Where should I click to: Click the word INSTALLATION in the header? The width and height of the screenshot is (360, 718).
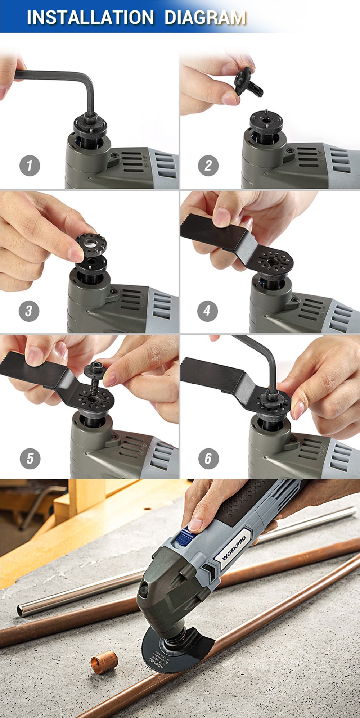click(x=90, y=17)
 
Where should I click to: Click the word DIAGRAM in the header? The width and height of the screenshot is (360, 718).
click(x=205, y=17)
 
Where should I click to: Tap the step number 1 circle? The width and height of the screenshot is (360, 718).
click(x=30, y=166)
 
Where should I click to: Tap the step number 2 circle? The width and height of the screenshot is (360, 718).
click(x=208, y=166)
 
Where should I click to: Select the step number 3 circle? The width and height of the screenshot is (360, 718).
click(x=29, y=311)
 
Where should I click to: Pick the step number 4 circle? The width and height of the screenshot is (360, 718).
click(x=207, y=311)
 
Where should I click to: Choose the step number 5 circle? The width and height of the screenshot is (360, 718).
click(x=30, y=459)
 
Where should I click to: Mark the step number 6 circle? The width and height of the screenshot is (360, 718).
click(x=208, y=459)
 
